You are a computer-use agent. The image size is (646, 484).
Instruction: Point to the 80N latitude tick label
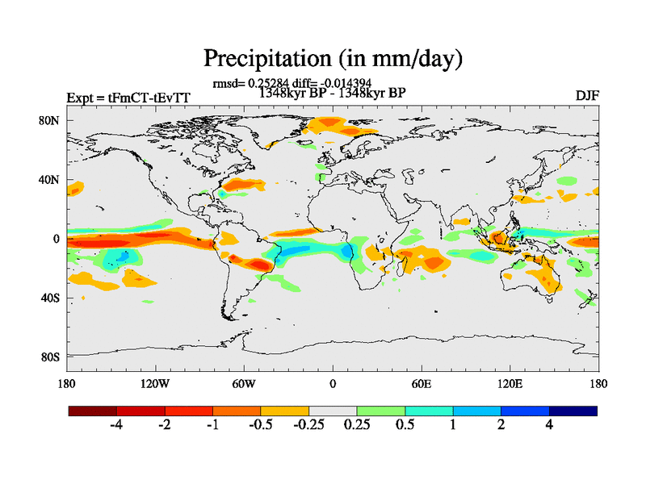[x=51, y=120]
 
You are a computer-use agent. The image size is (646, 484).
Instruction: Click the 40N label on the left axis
[x=51, y=179]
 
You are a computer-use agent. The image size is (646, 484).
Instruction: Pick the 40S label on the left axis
[x=51, y=298]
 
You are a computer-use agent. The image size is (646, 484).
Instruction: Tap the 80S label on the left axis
[x=51, y=357]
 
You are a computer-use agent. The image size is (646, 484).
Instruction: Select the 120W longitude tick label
[x=155, y=383]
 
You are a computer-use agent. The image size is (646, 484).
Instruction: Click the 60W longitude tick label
[x=244, y=383]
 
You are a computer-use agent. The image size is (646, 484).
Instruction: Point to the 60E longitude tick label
[x=422, y=383]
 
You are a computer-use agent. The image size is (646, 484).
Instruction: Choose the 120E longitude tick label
[x=510, y=383]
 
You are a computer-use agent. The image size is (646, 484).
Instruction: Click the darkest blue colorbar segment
[x=573, y=411]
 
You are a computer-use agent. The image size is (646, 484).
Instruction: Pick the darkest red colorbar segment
[x=93, y=411]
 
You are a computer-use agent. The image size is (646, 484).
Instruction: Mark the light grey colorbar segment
[x=333, y=411]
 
